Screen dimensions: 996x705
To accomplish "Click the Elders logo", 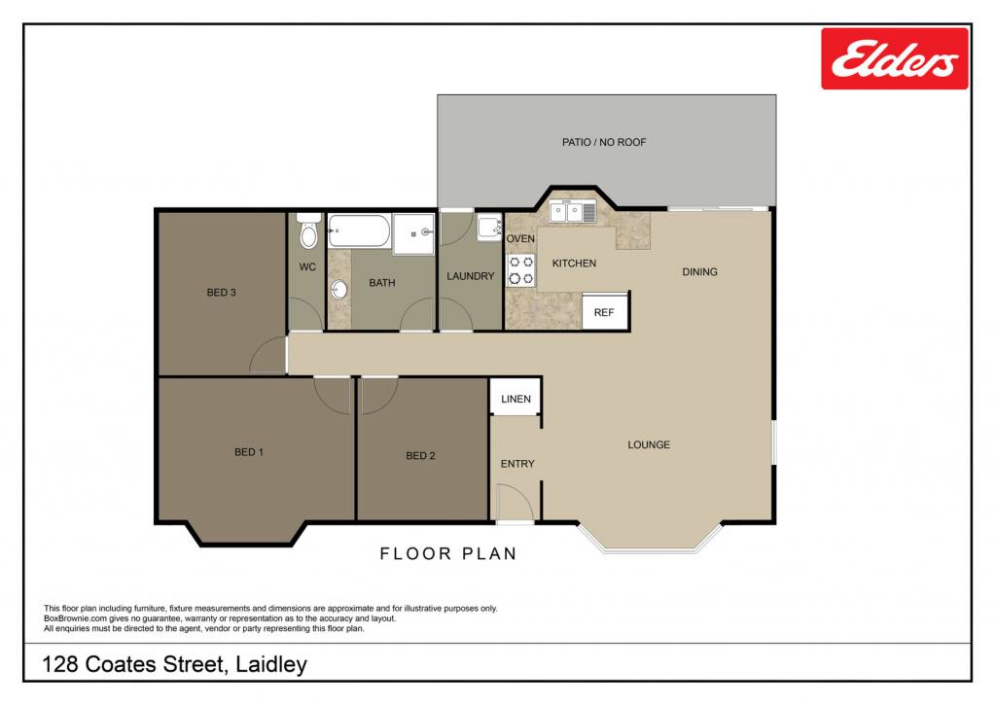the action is click(895, 58).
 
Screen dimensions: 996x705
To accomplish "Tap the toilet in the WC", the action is click(308, 231).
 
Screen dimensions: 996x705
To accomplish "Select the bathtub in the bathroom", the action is click(359, 230).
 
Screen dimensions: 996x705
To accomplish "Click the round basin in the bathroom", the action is click(339, 290).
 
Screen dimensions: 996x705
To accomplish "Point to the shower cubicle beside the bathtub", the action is click(413, 233).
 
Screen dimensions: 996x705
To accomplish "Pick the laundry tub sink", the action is click(490, 227).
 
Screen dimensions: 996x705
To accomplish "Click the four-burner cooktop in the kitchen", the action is click(521, 270).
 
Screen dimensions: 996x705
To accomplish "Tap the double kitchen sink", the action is click(573, 212).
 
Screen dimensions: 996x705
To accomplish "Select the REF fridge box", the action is click(605, 311).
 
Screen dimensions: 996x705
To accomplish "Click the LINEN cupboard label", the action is click(516, 399).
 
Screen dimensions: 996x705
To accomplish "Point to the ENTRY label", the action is click(517, 464).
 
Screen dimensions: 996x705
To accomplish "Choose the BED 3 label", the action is click(221, 292).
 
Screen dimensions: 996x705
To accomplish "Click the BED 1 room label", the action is click(249, 452).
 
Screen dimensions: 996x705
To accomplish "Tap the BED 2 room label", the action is click(420, 455).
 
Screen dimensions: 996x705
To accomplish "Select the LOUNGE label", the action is click(649, 444).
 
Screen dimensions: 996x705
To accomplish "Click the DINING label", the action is click(700, 272).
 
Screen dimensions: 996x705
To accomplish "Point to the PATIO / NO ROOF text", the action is click(604, 142).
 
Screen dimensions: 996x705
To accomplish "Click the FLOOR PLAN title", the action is click(448, 554).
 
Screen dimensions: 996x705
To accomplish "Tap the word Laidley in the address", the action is click(271, 665).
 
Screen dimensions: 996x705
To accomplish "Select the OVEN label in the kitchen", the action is click(520, 239).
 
